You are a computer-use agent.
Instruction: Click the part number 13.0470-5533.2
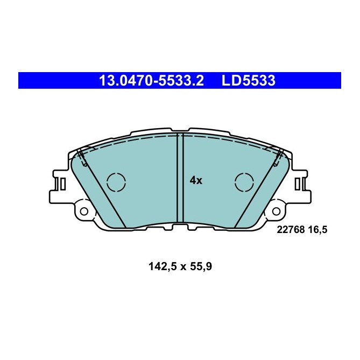(x=151, y=81)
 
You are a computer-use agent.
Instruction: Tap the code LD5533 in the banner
(x=249, y=81)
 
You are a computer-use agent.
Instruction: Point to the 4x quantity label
(x=196, y=181)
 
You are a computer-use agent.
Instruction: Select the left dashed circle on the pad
(x=116, y=182)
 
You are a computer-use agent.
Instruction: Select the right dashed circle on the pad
(x=245, y=182)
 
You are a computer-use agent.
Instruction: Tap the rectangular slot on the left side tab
(x=63, y=185)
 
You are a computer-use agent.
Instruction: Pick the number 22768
(x=290, y=229)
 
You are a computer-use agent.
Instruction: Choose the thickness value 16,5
(x=317, y=229)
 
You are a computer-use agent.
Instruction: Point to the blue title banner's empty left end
(x=48, y=81)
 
